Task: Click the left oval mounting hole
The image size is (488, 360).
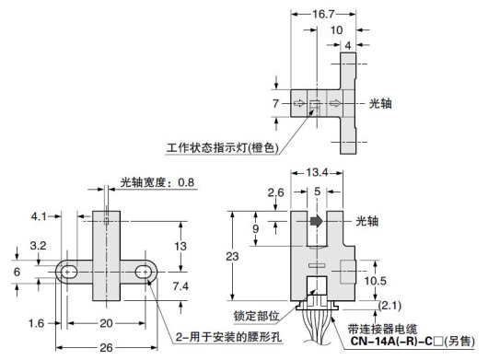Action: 69,272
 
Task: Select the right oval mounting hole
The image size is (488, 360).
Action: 143,272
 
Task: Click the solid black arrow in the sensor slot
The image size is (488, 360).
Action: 315,221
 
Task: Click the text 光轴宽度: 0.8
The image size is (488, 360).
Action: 157,182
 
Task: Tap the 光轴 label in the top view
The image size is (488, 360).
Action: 380,104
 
